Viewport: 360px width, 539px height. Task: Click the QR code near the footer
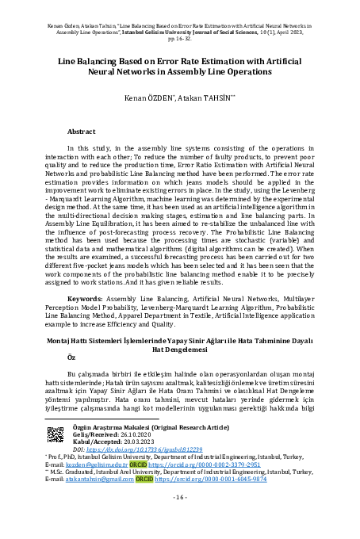pos(56,434)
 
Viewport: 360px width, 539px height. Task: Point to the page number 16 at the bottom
pos(179,497)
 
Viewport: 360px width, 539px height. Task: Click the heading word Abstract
pos(82,130)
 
